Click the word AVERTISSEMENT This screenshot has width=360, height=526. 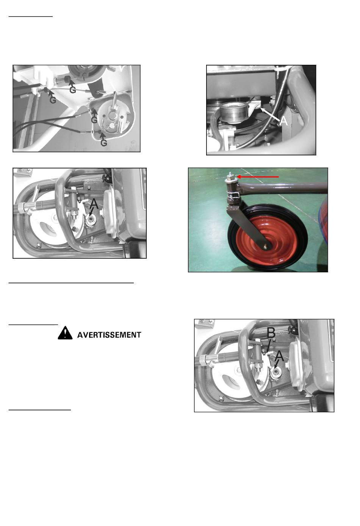(x=109, y=335)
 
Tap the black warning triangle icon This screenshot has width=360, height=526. (x=65, y=333)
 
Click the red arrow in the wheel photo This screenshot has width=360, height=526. (x=258, y=177)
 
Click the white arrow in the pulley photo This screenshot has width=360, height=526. (x=270, y=114)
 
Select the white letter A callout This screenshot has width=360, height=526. (x=284, y=121)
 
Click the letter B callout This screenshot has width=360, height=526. (x=271, y=333)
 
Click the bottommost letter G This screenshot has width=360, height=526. (x=104, y=143)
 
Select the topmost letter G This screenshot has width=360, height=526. (x=73, y=90)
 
